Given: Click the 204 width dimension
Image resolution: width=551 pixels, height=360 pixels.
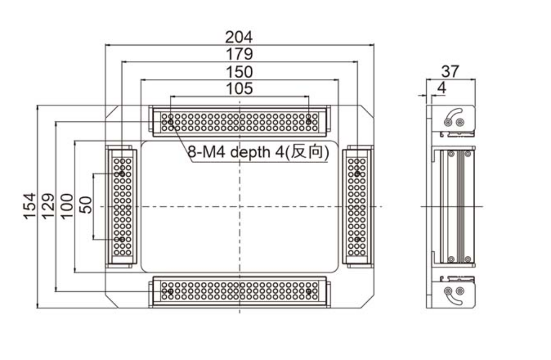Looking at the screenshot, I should click(239, 37).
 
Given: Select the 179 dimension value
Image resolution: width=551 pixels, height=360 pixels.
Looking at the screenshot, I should click(239, 55).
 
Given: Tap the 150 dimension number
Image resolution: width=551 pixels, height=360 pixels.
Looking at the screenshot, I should click(239, 72).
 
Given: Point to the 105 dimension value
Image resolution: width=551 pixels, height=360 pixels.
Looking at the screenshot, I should click(239, 88).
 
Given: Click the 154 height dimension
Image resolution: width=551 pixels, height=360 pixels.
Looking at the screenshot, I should click(30, 206).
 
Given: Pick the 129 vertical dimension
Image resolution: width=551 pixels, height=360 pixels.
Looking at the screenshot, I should click(49, 206).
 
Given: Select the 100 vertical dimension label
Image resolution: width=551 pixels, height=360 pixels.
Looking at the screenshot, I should click(66, 206).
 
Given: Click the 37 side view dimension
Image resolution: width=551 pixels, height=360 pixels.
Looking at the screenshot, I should click(451, 71).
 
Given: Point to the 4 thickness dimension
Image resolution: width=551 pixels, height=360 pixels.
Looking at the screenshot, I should click(441, 87).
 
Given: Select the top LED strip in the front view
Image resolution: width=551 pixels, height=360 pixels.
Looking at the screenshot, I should click(239, 121).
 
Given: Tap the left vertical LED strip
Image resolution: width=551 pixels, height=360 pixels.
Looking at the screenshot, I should click(122, 206).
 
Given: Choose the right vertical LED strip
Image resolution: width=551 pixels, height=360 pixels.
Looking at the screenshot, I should click(357, 206).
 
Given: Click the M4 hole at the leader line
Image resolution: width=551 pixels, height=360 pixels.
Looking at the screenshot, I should click(171, 122).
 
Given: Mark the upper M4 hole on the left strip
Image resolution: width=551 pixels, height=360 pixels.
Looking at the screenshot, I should click(122, 173).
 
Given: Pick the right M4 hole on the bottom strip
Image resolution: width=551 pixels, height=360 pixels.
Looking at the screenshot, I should click(309, 292).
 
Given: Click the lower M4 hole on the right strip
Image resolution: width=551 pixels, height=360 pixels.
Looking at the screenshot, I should click(357, 239).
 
